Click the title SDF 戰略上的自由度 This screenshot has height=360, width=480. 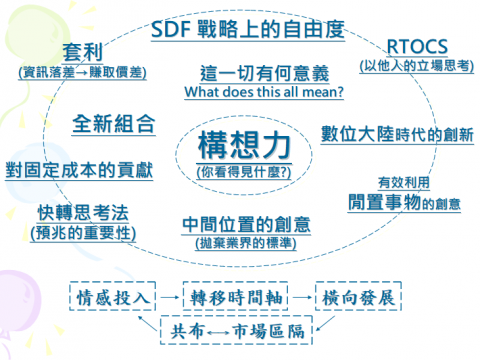(247, 28)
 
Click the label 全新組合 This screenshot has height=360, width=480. (115, 125)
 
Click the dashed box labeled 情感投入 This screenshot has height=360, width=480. (118, 297)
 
